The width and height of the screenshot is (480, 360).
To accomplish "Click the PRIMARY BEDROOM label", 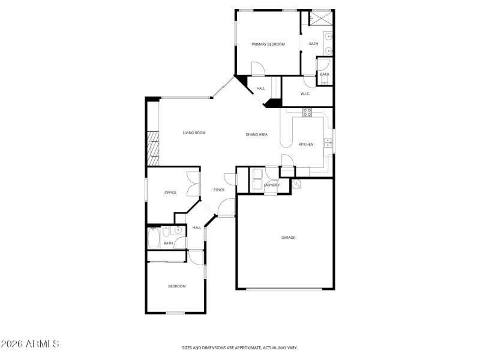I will (268, 44).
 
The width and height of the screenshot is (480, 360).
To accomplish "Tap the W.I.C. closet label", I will (305, 93).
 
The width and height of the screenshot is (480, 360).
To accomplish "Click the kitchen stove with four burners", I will (307, 112).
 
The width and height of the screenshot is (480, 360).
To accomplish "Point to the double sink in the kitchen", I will (328, 143).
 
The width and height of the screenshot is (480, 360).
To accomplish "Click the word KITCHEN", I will (306, 144).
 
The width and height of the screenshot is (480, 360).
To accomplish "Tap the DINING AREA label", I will (256, 134).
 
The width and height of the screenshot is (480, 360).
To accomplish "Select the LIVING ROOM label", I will (194, 133).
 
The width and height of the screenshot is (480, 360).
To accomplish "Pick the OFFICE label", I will (170, 193).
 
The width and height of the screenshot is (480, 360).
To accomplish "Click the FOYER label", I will (219, 190).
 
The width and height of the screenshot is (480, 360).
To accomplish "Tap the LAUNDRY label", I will (271, 185).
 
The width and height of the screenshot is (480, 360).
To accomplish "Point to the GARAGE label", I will (288, 238).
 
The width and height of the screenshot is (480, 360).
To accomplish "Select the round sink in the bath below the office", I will (178, 230).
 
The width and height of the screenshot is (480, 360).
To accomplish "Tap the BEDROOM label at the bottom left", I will (176, 286).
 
